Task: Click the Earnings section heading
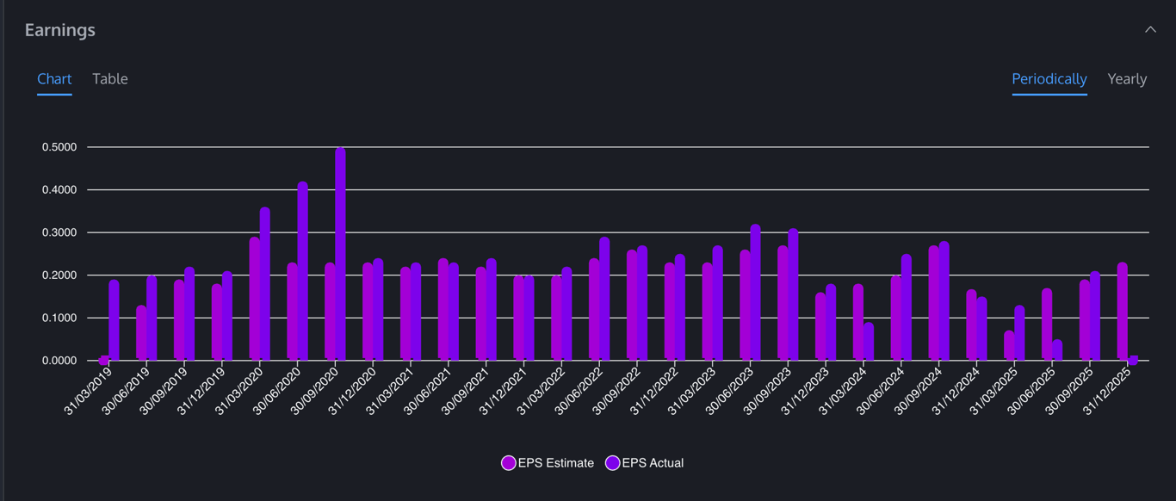[60, 30]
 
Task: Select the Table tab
[110, 79]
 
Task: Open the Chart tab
[54, 79]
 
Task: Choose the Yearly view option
[1127, 79]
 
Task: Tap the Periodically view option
[1049, 79]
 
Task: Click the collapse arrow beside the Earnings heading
[1150, 29]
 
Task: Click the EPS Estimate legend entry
[548, 463]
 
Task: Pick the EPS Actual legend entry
[645, 463]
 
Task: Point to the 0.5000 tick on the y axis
[59, 147]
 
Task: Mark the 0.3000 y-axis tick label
[59, 232]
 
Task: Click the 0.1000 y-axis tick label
[59, 318]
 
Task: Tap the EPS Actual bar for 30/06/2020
[302, 271]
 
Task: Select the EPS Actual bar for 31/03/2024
[869, 342]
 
